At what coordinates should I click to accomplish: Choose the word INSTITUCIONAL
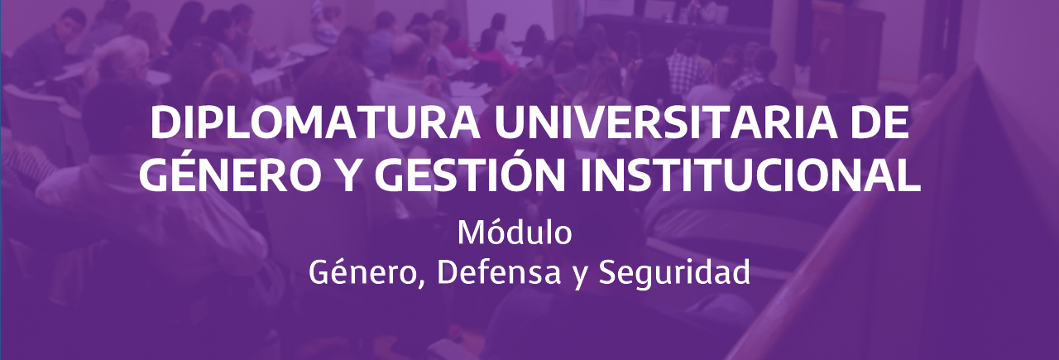tap(750, 176)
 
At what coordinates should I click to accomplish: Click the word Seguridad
tap(674, 273)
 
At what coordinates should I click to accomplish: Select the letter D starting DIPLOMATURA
tap(164, 123)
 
